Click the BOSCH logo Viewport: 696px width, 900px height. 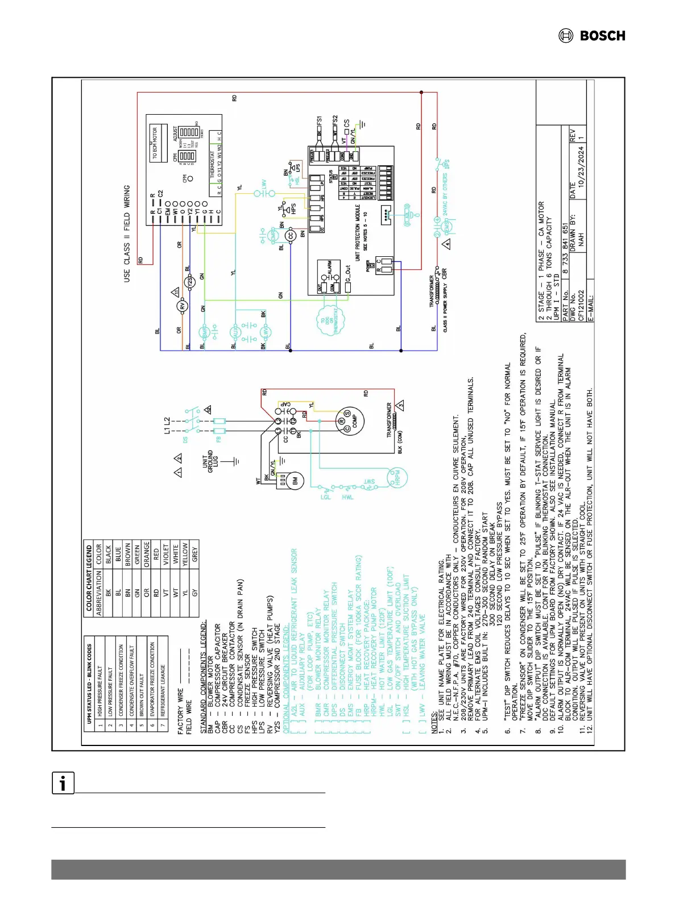click(x=592, y=36)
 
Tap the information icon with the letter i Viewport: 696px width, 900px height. click(x=63, y=783)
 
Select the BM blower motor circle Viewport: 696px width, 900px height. click(x=295, y=481)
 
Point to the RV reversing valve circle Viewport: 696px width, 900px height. click(x=183, y=306)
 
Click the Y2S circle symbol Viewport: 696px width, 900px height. click(x=190, y=282)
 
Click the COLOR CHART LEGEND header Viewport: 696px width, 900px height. click(x=89, y=578)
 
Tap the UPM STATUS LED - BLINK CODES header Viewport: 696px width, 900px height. click(x=89, y=684)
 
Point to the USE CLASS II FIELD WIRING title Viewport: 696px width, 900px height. click(x=127, y=234)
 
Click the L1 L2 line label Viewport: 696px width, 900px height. click(x=167, y=426)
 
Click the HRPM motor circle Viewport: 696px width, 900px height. click(x=397, y=477)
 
